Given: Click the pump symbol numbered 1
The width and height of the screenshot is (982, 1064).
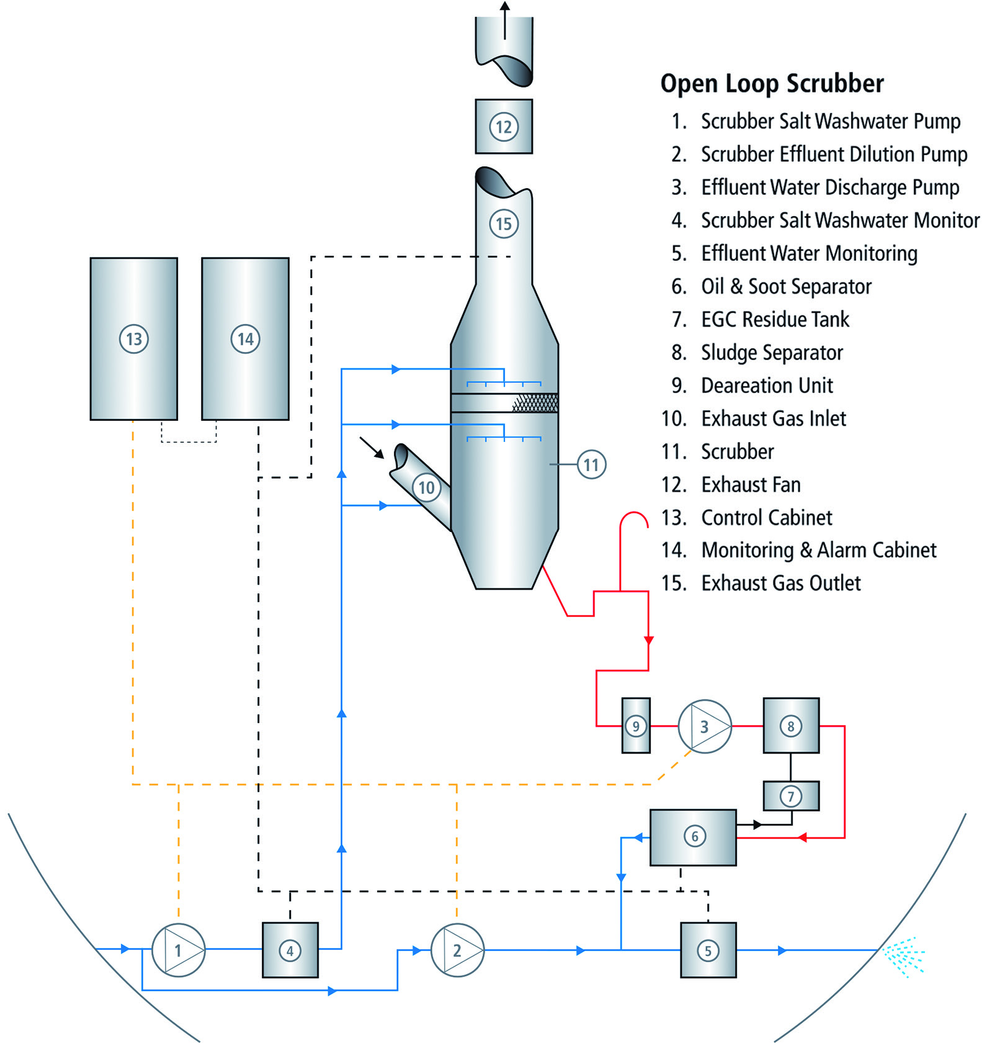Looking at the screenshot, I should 178,950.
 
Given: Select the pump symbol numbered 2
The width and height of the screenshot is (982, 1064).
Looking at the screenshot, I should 457,950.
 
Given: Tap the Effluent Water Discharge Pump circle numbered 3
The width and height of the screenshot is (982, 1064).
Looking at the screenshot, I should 704,726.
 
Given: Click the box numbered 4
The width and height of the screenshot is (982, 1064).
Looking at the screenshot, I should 290,950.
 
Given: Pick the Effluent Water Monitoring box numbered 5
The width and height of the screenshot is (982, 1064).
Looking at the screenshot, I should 708,950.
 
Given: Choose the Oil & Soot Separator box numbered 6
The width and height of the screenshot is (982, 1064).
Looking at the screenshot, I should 693,837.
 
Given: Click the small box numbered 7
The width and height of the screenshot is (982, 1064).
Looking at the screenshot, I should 790,796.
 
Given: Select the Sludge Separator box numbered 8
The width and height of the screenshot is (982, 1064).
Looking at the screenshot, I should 790,726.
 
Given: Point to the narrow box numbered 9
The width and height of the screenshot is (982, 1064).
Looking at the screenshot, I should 635,726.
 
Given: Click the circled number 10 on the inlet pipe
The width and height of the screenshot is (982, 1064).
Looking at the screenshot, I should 426,487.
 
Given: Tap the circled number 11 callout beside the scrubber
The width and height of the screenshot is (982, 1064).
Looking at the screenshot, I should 591,464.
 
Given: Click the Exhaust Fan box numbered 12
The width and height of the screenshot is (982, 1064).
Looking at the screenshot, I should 503,127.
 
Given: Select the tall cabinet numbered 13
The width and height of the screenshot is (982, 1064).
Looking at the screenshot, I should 133,339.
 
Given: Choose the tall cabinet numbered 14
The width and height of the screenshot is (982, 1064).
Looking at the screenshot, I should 245,339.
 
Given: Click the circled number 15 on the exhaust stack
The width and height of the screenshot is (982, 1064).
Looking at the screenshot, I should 503,223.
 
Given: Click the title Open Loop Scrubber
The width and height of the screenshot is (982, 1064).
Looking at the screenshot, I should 772,84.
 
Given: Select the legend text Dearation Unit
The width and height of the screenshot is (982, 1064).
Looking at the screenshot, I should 767,385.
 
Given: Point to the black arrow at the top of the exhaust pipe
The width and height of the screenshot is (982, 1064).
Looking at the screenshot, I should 504,19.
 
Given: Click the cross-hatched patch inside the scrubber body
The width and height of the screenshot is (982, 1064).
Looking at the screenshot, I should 535,403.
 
